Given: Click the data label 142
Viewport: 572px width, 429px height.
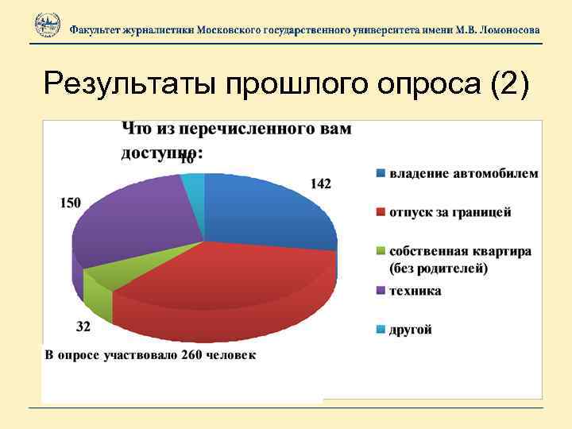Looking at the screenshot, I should click(320, 184).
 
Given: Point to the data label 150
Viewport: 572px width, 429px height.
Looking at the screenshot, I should click(70, 203).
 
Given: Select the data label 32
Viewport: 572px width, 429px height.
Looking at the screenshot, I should click(83, 327).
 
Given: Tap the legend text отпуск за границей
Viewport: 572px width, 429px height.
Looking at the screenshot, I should click(450, 212).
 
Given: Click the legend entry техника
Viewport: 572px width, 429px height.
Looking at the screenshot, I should click(415, 291).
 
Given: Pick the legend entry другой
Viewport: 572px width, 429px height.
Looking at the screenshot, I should click(410, 330).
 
